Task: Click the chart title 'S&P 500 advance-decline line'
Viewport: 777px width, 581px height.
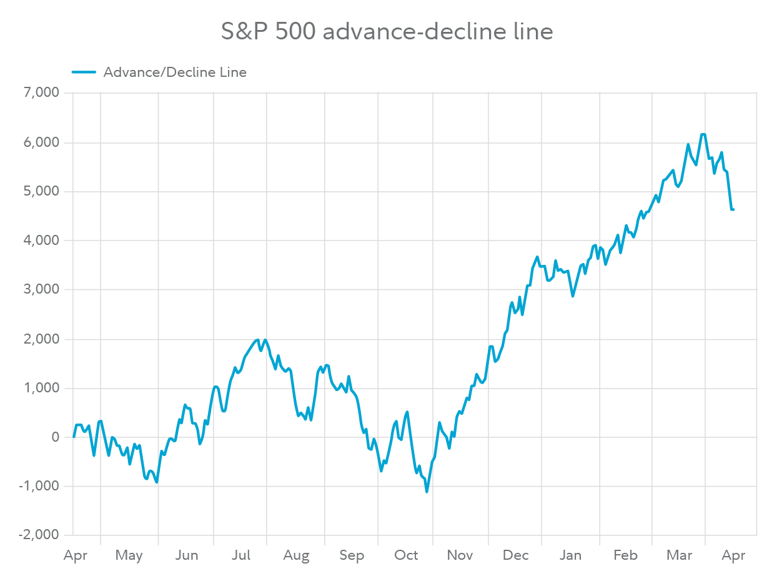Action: [387, 31]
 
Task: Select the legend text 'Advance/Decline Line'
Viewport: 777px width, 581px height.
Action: [174, 72]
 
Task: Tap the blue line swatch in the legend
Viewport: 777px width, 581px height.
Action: [84, 72]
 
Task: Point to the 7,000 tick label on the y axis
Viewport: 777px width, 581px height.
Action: [41, 93]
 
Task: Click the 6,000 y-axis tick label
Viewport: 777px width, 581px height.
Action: [41, 142]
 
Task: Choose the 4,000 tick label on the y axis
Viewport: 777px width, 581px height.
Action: [41, 241]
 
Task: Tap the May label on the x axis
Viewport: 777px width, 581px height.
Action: [129, 555]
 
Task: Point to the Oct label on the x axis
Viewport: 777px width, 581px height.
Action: [406, 555]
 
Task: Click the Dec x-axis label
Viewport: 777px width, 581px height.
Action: [516, 555]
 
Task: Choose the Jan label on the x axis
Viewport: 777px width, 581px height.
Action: [571, 555]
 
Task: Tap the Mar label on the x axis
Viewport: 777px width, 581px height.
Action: [679, 555]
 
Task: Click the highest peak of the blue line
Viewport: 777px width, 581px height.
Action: [703, 134]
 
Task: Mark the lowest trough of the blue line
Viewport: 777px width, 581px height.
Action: [427, 492]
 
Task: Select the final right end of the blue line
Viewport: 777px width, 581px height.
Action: [733, 209]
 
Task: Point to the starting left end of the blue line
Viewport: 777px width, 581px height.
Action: [74, 437]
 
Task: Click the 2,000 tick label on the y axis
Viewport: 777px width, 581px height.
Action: [41, 339]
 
